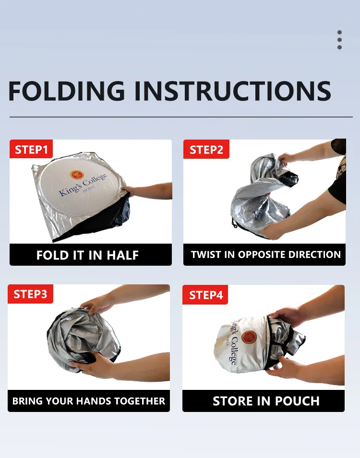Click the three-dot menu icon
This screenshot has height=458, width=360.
tap(339, 40)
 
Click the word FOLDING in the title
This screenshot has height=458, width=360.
tap(67, 91)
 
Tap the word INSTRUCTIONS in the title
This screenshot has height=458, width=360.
tap(232, 91)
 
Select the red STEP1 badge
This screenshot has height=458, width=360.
tap(31, 149)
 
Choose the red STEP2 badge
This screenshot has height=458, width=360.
tap(206, 149)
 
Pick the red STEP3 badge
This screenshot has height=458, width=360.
tap(30, 294)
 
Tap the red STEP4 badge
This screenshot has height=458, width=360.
tap(205, 295)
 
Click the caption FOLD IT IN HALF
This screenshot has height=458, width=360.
tap(87, 255)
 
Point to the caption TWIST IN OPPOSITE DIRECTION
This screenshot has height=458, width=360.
tap(266, 254)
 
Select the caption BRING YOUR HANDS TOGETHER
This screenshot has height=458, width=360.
tap(89, 401)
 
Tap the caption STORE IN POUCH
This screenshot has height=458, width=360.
tap(266, 401)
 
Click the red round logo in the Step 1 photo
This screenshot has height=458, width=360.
tap(77, 175)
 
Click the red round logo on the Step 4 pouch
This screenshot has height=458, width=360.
tap(249, 337)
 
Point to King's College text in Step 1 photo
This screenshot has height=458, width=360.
tap(83, 185)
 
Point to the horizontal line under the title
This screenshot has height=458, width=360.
tap(181, 117)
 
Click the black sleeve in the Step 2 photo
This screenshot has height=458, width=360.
tap(338, 175)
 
